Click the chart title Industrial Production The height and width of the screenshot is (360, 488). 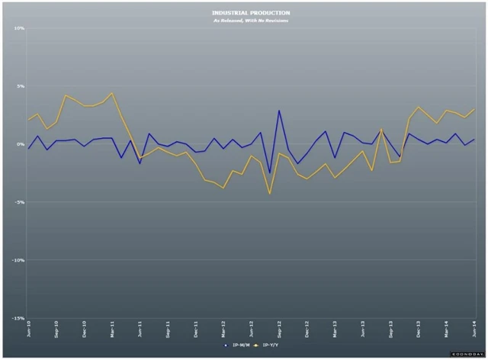pyautogui.click(x=243, y=13)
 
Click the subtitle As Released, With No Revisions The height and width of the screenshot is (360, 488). pyautogui.click(x=243, y=20)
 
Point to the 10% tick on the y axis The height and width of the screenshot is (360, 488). pyautogui.click(x=20, y=28)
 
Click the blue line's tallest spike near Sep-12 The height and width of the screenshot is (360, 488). pyautogui.click(x=279, y=111)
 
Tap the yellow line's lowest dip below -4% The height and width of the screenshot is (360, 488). pyautogui.click(x=270, y=194)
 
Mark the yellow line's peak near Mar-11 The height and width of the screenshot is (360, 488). pyautogui.click(x=112, y=93)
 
